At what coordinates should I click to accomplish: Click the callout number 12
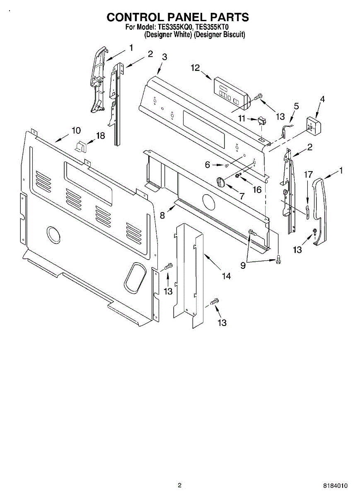tap(195, 68)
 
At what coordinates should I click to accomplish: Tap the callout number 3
tap(164, 58)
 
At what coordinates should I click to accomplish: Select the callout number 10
tap(76, 130)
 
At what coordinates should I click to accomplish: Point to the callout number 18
tap(100, 135)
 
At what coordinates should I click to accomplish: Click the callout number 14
tap(226, 276)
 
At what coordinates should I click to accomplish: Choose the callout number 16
tap(257, 190)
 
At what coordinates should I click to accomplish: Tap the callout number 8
tap(162, 215)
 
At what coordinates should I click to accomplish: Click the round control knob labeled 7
tap(221, 181)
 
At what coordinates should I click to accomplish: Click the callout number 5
tap(296, 106)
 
